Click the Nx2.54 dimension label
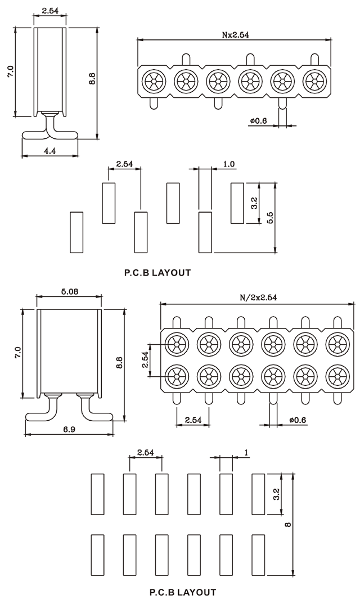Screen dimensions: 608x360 pyautogui.click(x=235, y=34)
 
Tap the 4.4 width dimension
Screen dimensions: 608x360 pyautogui.click(x=49, y=150)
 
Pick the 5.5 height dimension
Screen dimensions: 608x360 pyautogui.click(x=270, y=218)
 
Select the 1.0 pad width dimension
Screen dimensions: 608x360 pyautogui.click(x=229, y=164)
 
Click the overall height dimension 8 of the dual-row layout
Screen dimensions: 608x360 pyautogui.click(x=287, y=524)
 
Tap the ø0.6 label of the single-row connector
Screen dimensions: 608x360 pyautogui.click(x=258, y=120)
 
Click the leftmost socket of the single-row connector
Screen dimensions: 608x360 pyautogui.click(x=152, y=82)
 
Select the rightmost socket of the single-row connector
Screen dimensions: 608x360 pyautogui.click(x=314, y=82)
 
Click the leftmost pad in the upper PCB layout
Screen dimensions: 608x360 pyautogui.click(x=76, y=232)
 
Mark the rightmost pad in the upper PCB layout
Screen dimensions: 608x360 pyautogui.click(x=238, y=202)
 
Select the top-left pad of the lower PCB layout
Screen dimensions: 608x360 pyautogui.click(x=97, y=494)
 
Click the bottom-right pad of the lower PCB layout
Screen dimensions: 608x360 pyautogui.click(x=258, y=555)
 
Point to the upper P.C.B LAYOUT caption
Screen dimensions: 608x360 pyautogui.click(x=157, y=273)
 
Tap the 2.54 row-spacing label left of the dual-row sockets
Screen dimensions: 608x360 pyautogui.click(x=145, y=359)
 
